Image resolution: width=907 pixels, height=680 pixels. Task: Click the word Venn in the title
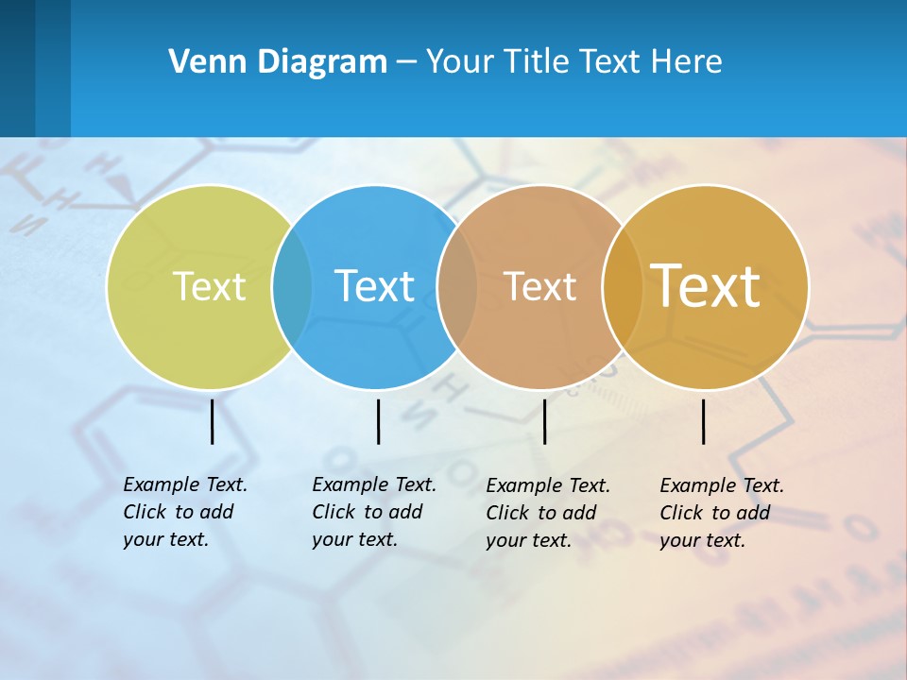point(201,62)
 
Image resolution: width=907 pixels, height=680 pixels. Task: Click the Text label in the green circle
point(209,286)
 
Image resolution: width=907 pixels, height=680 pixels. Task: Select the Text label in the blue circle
point(375,286)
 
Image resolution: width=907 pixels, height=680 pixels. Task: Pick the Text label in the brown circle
point(539,286)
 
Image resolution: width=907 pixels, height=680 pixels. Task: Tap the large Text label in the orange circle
point(706,286)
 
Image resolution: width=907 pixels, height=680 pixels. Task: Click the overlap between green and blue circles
point(292,286)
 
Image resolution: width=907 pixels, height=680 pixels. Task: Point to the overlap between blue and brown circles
point(457,286)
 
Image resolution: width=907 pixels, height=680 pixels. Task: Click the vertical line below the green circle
point(213,421)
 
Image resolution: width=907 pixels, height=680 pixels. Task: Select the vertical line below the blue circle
point(378,421)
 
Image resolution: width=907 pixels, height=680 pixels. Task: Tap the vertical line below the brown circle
point(544,421)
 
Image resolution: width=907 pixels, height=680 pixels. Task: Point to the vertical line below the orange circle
point(704,421)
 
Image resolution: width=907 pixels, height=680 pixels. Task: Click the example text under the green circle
point(185,512)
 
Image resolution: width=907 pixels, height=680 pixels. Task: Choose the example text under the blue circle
point(374,512)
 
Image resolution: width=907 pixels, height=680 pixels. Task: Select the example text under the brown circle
point(548,513)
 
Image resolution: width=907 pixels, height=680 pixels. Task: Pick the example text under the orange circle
point(722,513)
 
